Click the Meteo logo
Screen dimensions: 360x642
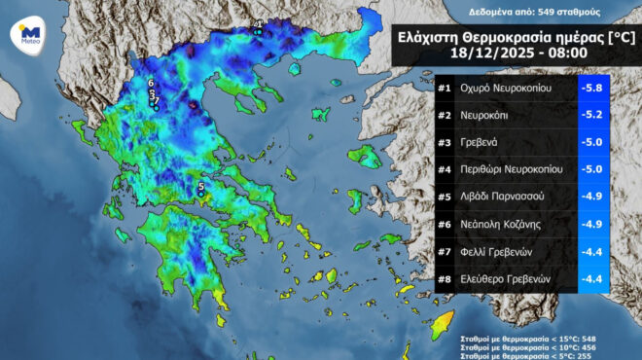(28, 34)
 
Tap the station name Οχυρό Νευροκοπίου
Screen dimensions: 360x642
(507, 89)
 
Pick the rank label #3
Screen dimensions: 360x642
(445, 142)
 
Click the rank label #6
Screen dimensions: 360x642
(445, 224)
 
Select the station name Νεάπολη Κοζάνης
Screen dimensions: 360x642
(502, 224)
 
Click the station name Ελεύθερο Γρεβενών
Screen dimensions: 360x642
(507, 278)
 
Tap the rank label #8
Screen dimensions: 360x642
(445, 278)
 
